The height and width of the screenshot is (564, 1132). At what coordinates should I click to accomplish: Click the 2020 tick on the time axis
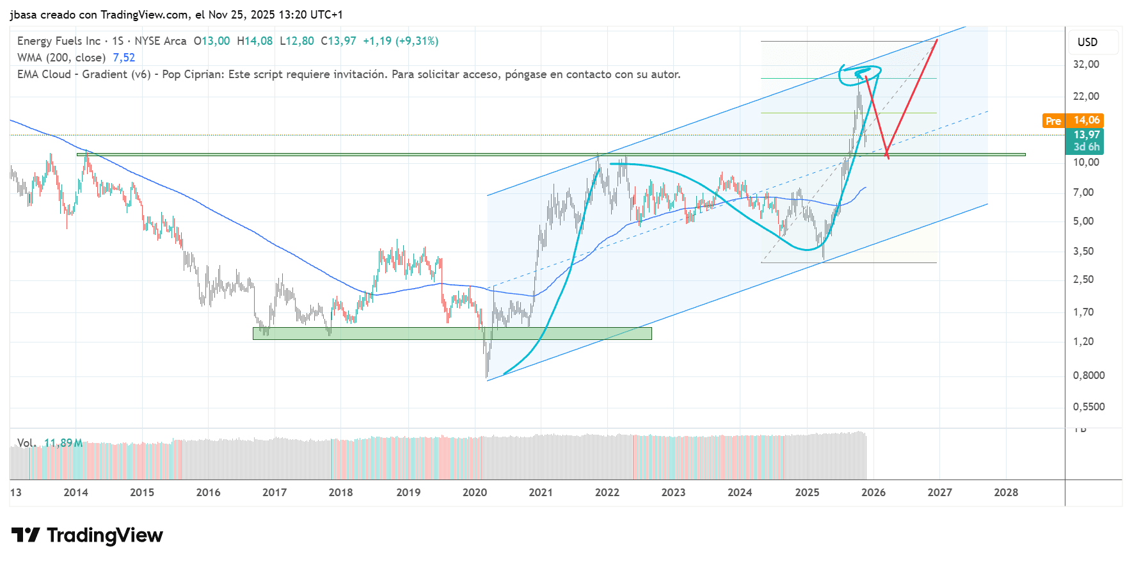pos(474,492)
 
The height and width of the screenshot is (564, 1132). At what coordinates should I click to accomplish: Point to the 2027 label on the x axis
pos(939,492)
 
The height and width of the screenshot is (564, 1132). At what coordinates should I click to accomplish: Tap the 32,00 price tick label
pos(1086,64)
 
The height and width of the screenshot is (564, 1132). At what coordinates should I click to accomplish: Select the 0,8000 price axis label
pos(1088,375)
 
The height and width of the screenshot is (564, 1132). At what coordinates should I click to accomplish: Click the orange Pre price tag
pos(1053,120)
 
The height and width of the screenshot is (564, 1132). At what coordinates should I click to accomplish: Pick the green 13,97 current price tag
pos(1086,134)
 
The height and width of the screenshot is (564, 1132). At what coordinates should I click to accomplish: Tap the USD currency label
pos(1087,42)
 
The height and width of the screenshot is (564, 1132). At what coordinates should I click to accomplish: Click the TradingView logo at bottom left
pos(87,535)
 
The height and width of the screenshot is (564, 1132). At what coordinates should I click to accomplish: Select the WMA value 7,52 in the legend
pos(124,58)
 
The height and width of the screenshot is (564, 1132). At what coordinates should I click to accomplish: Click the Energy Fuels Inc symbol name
pos(59,41)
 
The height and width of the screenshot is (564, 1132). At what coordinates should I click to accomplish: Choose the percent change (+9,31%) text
pos(417,41)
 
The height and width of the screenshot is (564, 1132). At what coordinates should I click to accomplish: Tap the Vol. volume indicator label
pos(26,443)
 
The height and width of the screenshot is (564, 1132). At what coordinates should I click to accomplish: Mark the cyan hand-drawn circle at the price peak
pos(860,75)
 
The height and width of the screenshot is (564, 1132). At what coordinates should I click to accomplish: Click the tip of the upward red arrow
pos(937,40)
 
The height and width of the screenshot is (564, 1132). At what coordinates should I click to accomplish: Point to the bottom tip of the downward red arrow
pos(887,157)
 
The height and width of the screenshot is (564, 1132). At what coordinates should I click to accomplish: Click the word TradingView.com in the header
pos(144,15)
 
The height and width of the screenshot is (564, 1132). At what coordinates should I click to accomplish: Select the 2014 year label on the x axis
pos(76,492)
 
